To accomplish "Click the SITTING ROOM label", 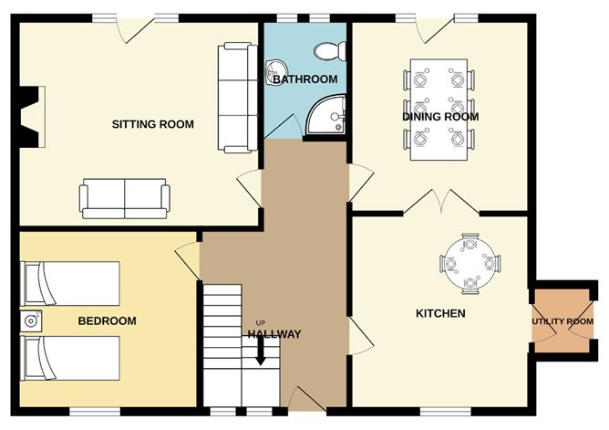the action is [152, 124].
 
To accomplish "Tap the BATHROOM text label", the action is [304, 79].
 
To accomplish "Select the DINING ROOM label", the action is [440, 117].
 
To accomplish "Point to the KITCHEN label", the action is [440, 313].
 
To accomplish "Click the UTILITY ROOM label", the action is [563, 321].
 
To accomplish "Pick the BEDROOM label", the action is [108, 320].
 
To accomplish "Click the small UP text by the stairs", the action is [260, 323].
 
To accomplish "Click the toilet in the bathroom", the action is [330, 51].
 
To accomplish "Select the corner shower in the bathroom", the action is [326, 115].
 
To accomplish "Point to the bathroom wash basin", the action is [275, 72].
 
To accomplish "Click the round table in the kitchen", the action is [470, 264].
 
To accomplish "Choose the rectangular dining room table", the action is [439, 110].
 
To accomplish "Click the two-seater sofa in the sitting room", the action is [125, 199].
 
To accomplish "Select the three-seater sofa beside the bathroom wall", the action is [238, 98].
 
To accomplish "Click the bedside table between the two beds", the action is [31, 321].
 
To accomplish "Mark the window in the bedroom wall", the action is [95, 412].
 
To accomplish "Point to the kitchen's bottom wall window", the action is [446, 412].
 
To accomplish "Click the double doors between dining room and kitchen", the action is [441, 202].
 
